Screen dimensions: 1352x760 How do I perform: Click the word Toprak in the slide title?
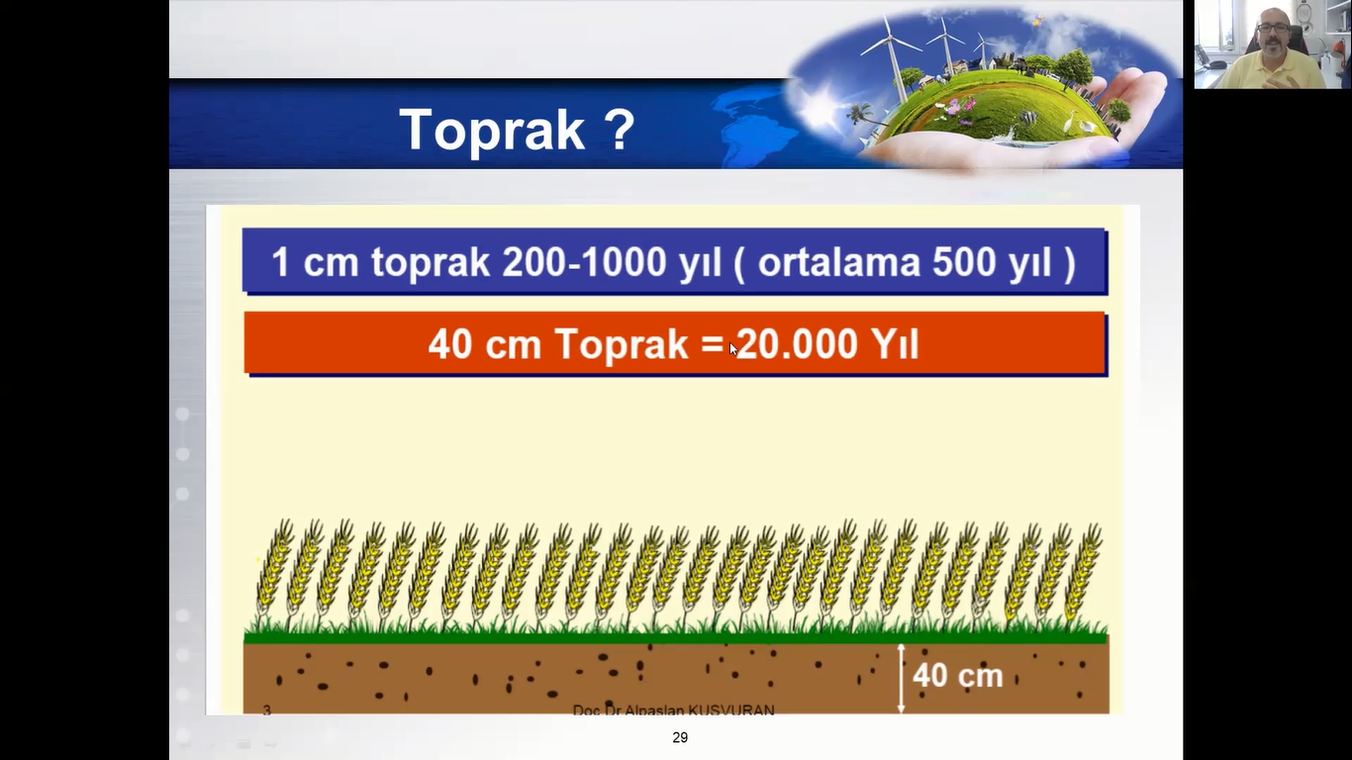click(x=492, y=130)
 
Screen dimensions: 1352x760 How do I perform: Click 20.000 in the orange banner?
click(x=798, y=344)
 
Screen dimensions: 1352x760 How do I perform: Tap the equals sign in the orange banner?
click(x=713, y=344)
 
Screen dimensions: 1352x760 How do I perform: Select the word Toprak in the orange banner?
click(x=622, y=345)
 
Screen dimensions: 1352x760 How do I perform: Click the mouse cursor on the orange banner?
click(x=733, y=349)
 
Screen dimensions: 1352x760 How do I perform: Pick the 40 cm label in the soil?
click(x=958, y=675)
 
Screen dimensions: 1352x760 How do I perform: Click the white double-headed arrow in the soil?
click(x=901, y=679)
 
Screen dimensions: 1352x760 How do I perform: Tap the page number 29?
click(x=680, y=737)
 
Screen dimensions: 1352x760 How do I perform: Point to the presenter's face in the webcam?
click(x=1273, y=38)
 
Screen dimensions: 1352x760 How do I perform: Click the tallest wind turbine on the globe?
click(x=890, y=54)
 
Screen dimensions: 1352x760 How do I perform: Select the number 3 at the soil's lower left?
click(x=267, y=710)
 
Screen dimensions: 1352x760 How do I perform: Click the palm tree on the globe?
click(x=860, y=116)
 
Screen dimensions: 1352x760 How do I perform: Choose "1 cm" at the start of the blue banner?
click(x=315, y=262)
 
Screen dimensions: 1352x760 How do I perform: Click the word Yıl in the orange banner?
click(x=895, y=344)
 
